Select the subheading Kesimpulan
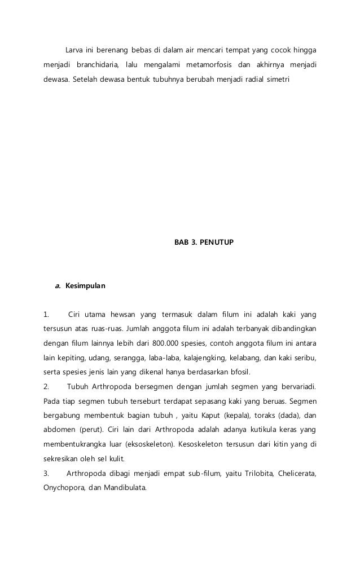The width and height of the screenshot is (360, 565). coord(85,286)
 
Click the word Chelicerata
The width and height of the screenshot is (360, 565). coord(296,473)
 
